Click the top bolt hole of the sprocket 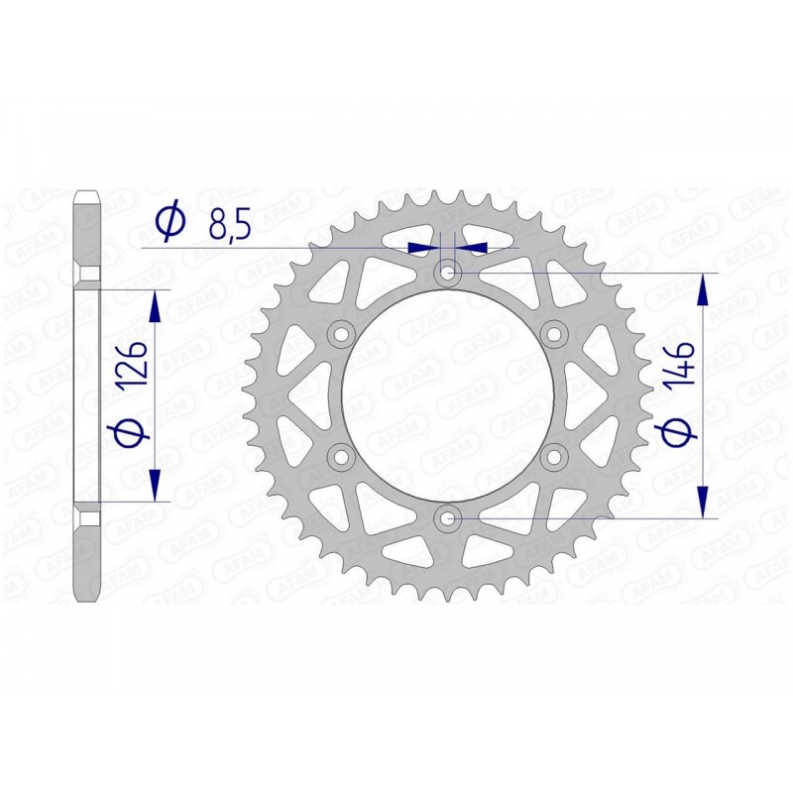pos(448,271)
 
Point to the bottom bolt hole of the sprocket pos(448,516)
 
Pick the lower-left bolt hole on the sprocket pos(342,455)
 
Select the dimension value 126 pos(136,365)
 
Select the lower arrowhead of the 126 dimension pos(155,486)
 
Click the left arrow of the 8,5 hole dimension pos(424,246)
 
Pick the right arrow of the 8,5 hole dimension pos(473,246)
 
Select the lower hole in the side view pos(88,518)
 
